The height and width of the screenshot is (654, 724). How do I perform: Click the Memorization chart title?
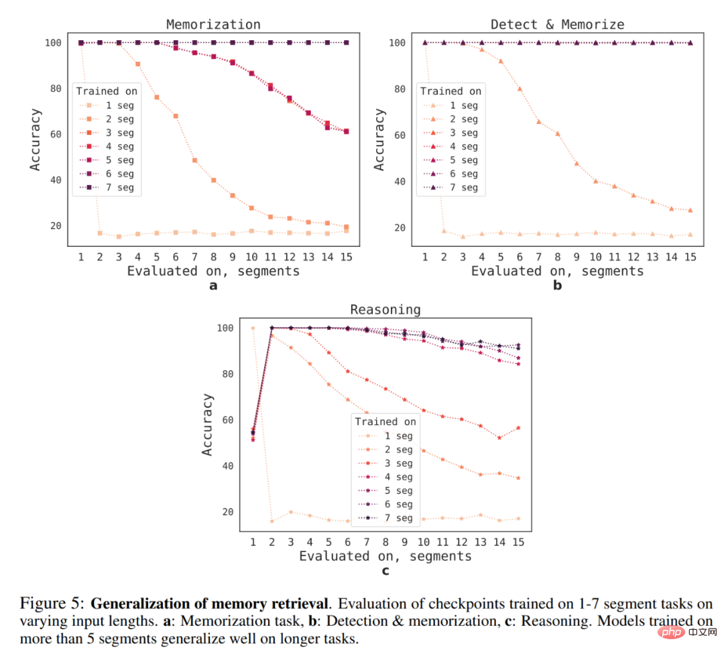(x=213, y=25)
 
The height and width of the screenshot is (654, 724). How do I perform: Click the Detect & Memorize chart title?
(x=557, y=25)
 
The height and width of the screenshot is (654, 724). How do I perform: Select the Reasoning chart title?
(x=385, y=310)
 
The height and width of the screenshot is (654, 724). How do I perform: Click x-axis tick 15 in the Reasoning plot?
(x=518, y=541)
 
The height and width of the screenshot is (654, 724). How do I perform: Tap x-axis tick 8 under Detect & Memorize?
(x=557, y=256)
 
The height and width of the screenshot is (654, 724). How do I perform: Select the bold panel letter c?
(x=385, y=571)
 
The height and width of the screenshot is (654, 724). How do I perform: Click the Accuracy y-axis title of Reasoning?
(x=208, y=425)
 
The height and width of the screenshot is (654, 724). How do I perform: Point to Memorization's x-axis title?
(x=213, y=271)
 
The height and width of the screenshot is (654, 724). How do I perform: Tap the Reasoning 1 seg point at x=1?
(x=253, y=328)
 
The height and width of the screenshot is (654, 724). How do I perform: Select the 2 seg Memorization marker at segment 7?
(x=194, y=160)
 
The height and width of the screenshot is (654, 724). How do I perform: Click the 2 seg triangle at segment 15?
(x=690, y=210)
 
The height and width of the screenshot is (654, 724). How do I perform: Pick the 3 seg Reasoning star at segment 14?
(x=499, y=437)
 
